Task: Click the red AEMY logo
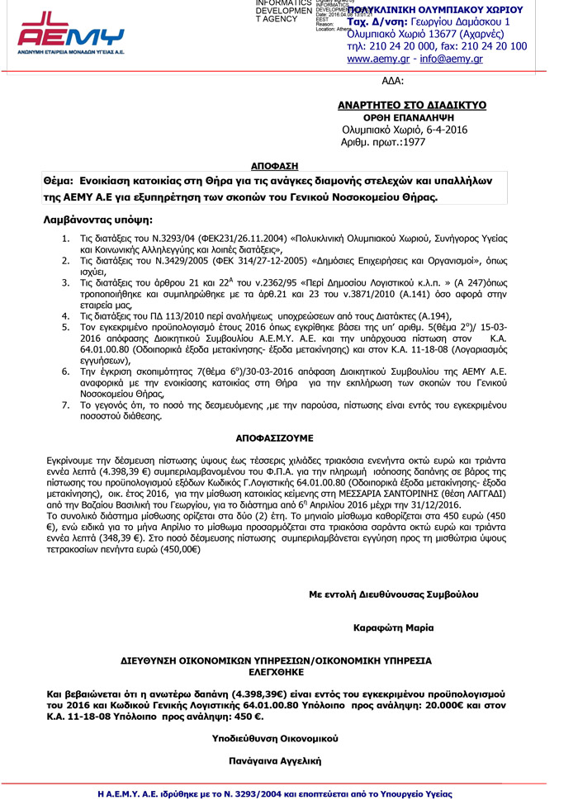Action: (71, 31)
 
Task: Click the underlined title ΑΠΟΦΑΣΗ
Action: (274, 165)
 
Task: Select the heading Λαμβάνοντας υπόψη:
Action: (97, 220)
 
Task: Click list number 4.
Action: (66, 315)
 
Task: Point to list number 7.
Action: (66, 405)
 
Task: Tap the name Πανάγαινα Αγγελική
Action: (275, 760)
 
